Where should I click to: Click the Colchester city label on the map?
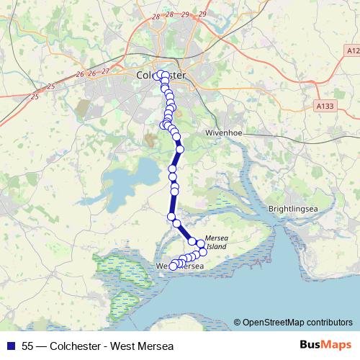(161, 74)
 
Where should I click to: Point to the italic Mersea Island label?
(216, 241)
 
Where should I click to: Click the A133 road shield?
(326, 106)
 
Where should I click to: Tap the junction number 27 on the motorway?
(105, 71)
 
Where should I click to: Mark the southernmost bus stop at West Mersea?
(173, 266)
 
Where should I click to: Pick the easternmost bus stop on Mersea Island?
(202, 246)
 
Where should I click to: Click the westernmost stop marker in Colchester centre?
(157, 75)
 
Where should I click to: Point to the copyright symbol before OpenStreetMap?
(237, 322)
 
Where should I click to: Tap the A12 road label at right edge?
(352, 50)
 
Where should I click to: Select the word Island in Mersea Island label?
(216, 246)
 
